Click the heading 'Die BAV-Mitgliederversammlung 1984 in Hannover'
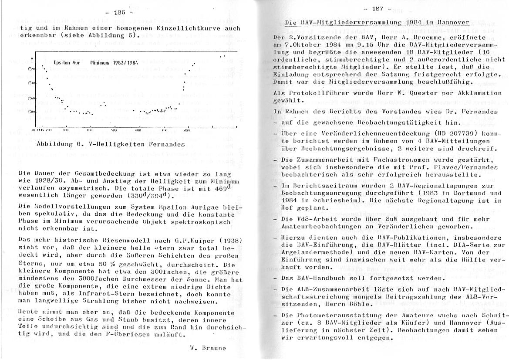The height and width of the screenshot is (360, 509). coord(377,22)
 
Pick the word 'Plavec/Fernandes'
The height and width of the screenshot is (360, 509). coord(468,168)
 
